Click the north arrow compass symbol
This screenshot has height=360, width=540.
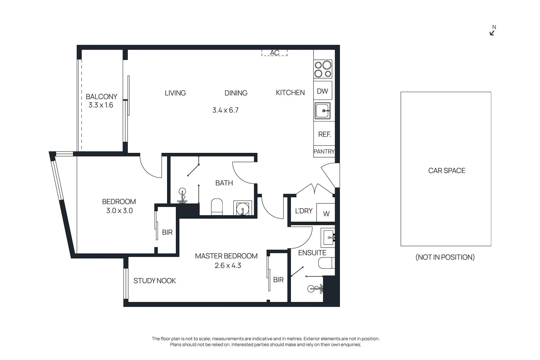(492, 32)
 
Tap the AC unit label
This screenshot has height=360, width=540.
(274, 53)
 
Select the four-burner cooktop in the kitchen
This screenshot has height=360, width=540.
(323, 69)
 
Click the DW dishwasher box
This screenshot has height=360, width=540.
(323, 91)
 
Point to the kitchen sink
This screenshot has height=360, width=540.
(323, 111)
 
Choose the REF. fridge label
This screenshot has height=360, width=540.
(324, 134)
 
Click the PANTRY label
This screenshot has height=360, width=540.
(324, 151)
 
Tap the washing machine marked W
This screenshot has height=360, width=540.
(326, 213)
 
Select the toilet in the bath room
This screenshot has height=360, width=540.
(217, 206)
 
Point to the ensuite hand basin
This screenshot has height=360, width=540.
(328, 237)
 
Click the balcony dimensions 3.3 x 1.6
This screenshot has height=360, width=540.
(101, 105)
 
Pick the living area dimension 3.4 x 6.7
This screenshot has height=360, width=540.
(225, 110)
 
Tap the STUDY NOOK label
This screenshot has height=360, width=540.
(155, 281)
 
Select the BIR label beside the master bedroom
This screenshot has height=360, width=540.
(278, 280)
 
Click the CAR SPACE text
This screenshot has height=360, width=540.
(447, 171)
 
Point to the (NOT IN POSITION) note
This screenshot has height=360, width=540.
(445, 257)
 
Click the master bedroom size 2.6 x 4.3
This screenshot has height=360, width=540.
(228, 266)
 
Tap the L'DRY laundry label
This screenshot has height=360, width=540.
(304, 211)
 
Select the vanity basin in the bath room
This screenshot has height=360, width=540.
(242, 209)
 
